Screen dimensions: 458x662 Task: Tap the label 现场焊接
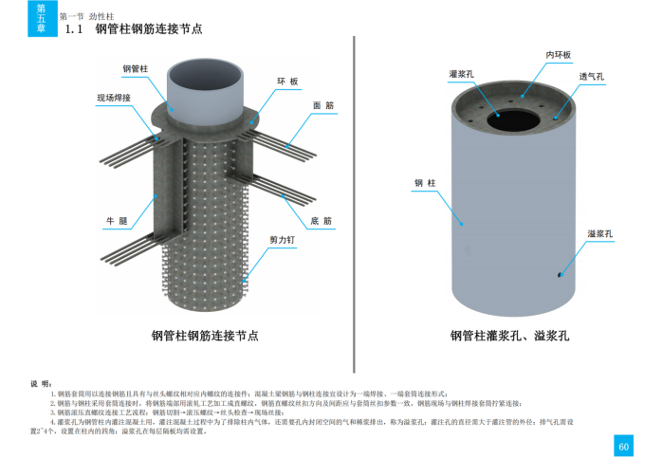(x=113, y=98)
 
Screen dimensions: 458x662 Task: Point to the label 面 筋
(x=322, y=106)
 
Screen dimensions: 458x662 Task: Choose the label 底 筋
(x=321, y=220)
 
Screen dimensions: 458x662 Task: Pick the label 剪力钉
(x=283, y=241)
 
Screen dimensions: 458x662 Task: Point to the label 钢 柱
(x=425, y=183)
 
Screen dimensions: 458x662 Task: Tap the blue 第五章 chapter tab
(x=41, y=19)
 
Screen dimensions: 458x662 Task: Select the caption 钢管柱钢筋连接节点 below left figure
(x=205, y=335)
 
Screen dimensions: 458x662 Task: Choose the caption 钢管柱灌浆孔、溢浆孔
(x=508, y=335)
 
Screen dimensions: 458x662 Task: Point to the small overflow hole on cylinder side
(x=561, y=275)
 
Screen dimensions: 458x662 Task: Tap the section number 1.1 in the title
(x=76, y=29)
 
